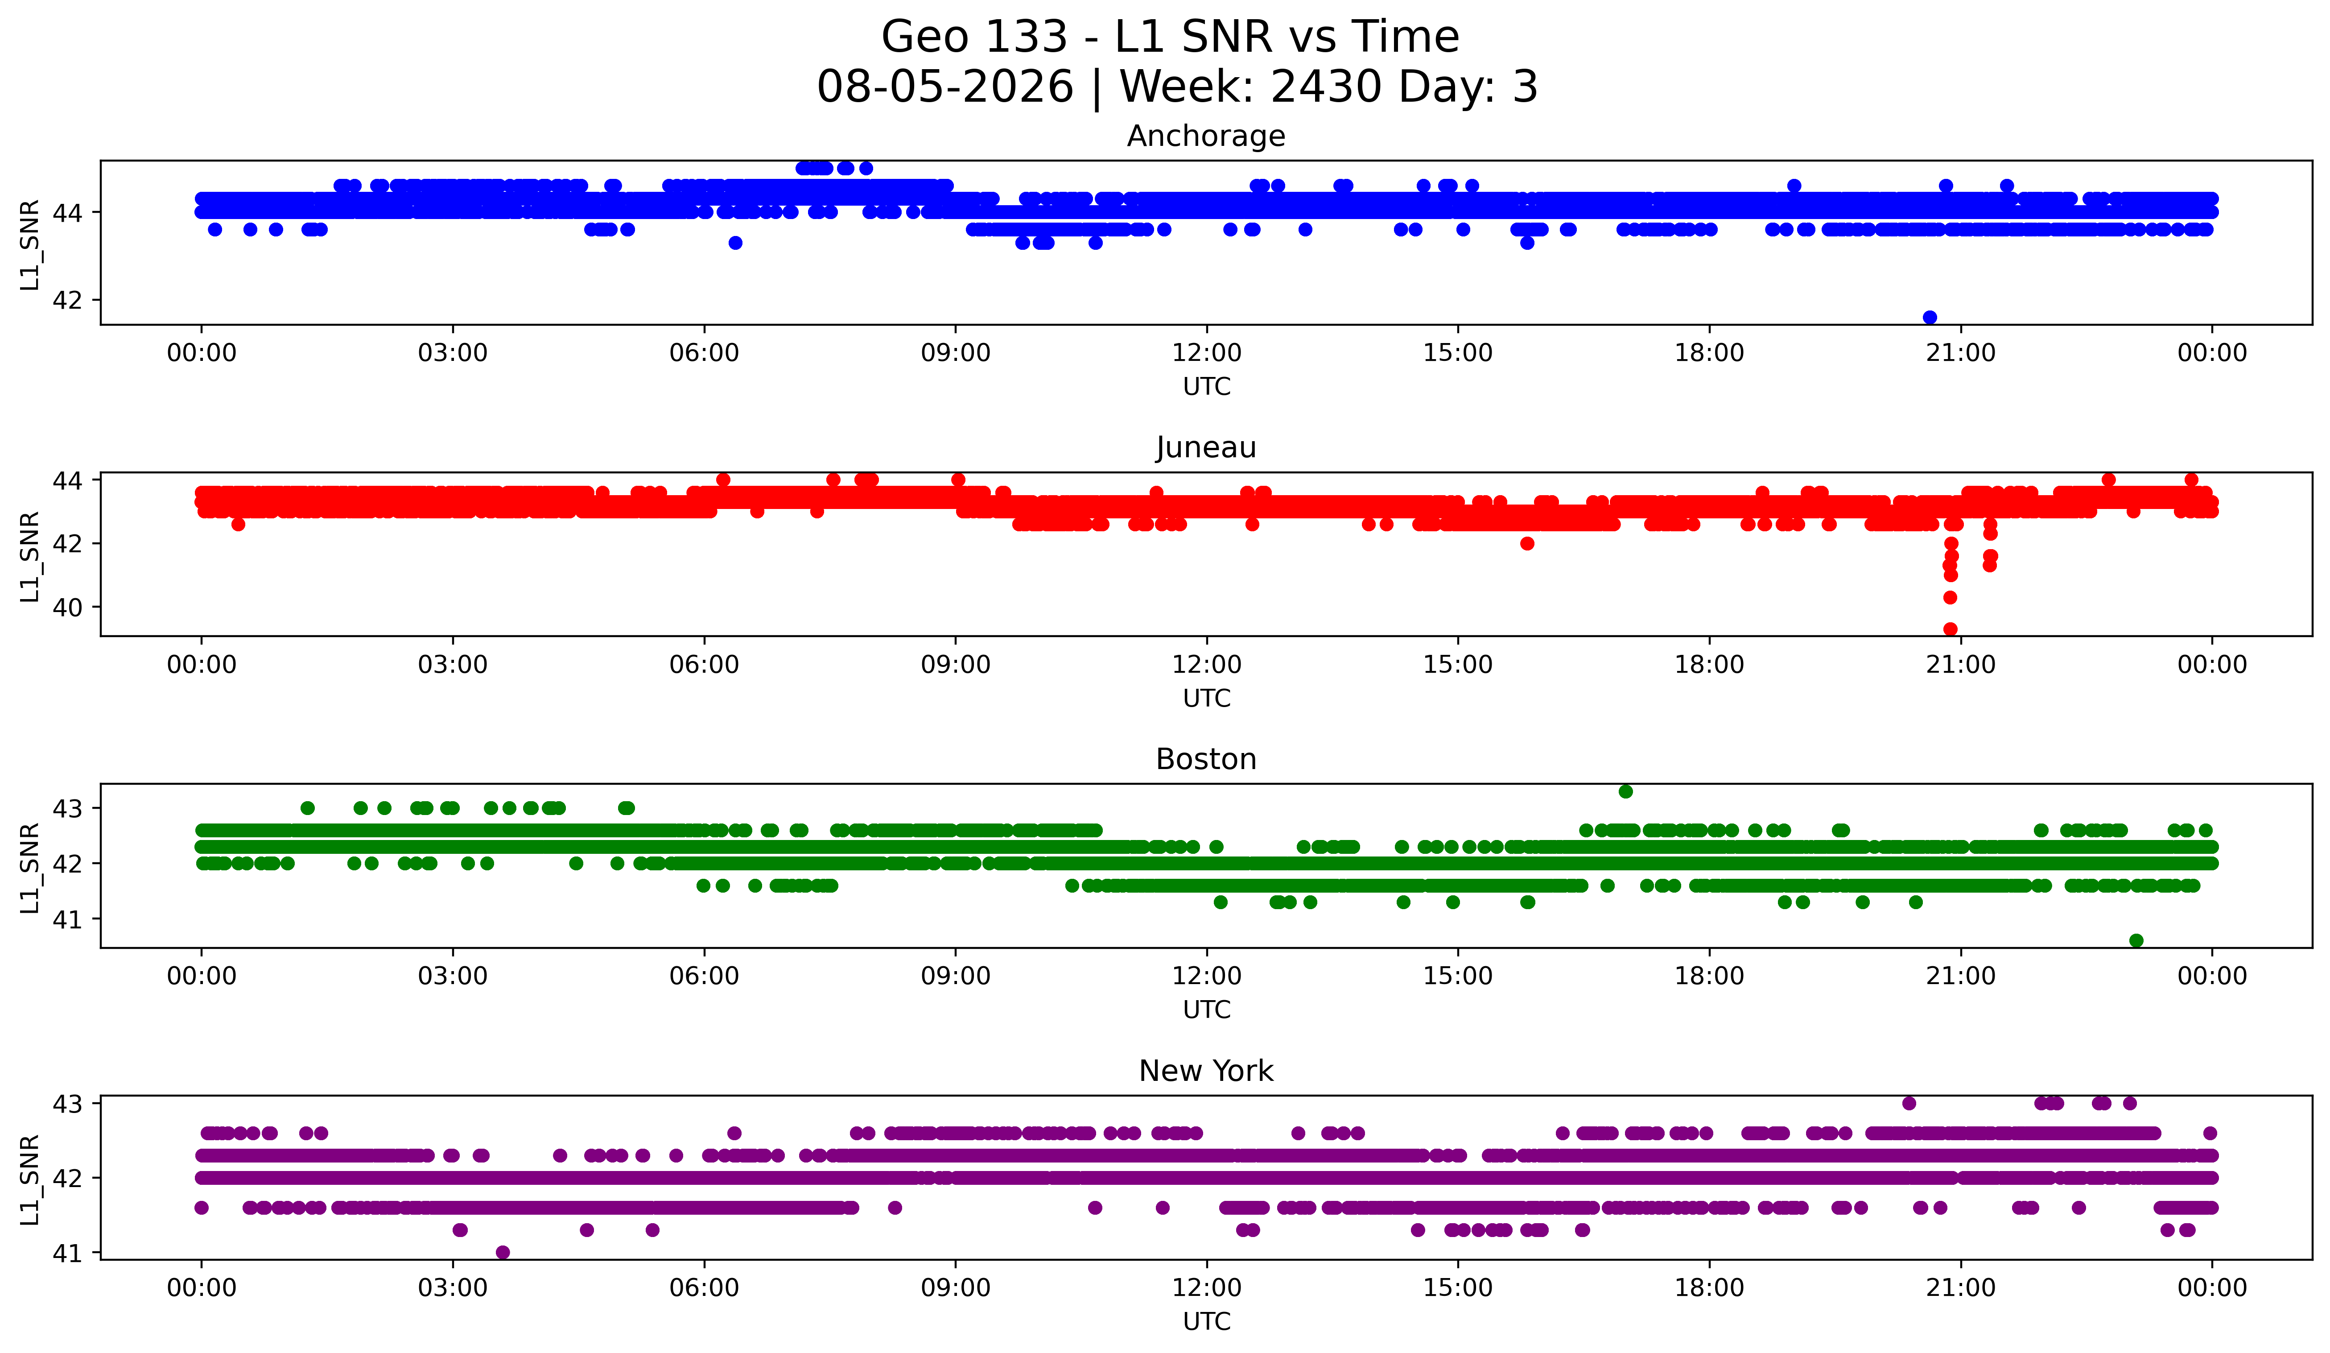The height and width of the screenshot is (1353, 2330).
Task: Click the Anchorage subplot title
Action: [1206, 136]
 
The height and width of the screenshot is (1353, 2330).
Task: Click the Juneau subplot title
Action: [1206, 447]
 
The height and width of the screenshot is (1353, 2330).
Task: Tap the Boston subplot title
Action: [1206, 759]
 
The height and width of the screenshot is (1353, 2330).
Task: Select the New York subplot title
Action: [1206, 1071]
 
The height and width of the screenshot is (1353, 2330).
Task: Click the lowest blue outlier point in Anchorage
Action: [1930, 317]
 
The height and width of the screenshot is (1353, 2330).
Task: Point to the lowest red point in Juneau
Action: [1950, 629]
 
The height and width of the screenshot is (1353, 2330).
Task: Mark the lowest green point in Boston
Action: [2136, 940]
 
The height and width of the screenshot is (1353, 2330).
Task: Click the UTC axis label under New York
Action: [1207, 1322]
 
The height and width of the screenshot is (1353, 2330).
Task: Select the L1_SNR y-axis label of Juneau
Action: [29, 557]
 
